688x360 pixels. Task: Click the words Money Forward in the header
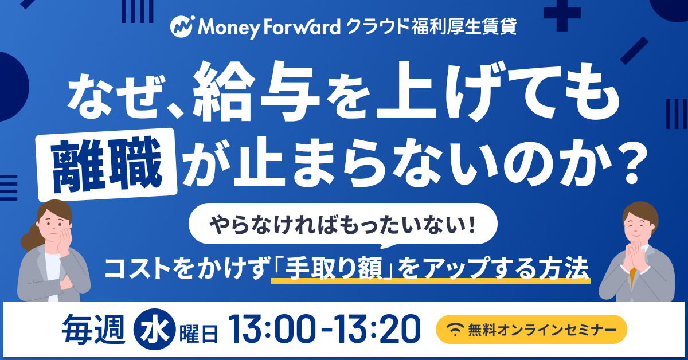click(269, 27)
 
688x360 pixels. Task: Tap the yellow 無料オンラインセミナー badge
click(531, 330)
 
